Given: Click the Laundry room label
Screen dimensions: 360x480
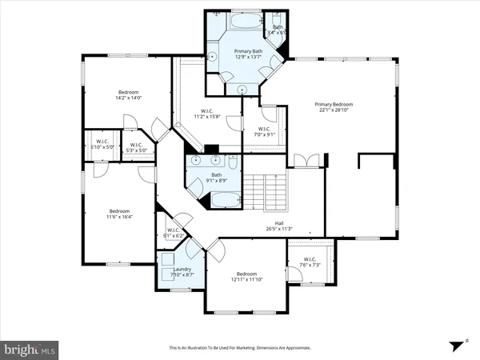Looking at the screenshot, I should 180,272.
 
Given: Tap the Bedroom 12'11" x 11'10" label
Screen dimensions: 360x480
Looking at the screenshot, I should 245,279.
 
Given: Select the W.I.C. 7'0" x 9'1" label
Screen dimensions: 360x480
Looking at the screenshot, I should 264,132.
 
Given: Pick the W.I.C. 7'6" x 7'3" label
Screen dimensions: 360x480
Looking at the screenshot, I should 309,262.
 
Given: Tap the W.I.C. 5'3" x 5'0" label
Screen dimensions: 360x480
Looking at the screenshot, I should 136,148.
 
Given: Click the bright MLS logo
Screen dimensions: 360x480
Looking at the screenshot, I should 30,349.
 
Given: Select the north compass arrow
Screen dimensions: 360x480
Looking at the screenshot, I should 459,345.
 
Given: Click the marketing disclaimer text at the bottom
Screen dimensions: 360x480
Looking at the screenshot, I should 240,348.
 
